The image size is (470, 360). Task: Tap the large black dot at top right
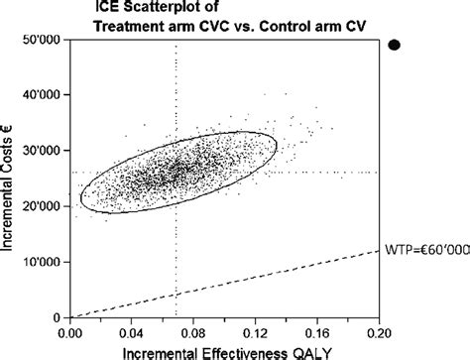click(394, 45)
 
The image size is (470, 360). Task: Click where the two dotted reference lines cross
click(176, 172)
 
